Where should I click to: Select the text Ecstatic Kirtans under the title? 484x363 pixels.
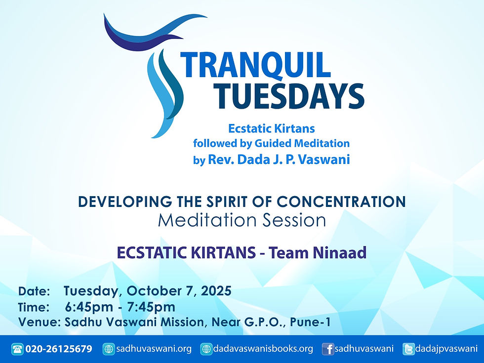click(x=271, y=129)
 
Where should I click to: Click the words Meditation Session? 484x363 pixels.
click(x=242, y=220)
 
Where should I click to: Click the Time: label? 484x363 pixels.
click(x=34, y=307)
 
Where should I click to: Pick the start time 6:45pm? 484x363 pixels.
click(x=87, y=307)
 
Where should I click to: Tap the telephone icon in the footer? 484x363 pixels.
click(x=17, y=349)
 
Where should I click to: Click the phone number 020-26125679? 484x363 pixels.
click(x=59, y=349)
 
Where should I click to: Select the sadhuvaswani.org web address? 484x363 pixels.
click(x=154, y=349)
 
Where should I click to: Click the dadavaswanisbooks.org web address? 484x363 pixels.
click(x=263, y=349)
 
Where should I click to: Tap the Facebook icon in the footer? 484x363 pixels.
click(x=327, y=349)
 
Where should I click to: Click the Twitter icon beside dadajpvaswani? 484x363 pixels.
click(x=408, y=349)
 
